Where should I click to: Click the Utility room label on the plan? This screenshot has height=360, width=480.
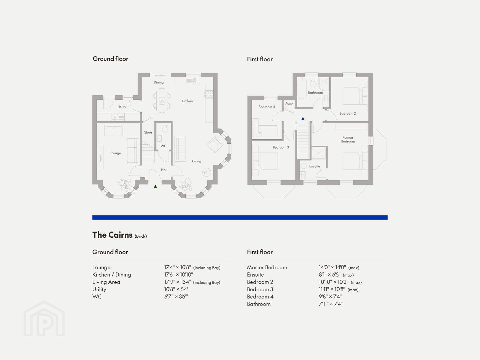(122, 107)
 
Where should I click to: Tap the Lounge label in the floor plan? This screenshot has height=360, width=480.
(115, 153)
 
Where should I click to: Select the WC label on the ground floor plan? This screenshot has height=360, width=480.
(163, 146)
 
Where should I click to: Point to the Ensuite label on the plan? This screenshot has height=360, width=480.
(315, 166)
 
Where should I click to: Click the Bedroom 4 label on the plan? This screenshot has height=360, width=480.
(267, 107)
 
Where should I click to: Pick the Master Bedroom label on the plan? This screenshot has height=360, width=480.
(348, 140)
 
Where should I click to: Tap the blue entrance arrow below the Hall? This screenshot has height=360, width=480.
(155, 186)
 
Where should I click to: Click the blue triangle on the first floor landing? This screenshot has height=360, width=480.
(303, 119)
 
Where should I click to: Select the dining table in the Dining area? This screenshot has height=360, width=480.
(162, 101)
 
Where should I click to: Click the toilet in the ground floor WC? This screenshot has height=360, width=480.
(165, 128)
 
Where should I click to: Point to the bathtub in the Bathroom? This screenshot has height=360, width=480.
(302, 88)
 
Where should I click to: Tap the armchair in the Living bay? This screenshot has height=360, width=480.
(215, 144)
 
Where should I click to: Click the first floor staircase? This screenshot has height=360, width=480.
(303, 140)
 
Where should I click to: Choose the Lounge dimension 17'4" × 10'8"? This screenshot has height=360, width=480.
(177, 267)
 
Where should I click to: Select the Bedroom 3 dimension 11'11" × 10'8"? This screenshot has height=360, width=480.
(332, 289)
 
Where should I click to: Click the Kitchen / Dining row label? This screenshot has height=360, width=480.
(111, 275)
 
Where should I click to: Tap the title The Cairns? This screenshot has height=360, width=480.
(112, 235)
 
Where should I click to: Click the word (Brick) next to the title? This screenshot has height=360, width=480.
(141, 236)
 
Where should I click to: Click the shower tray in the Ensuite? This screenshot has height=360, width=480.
(319, 153)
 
